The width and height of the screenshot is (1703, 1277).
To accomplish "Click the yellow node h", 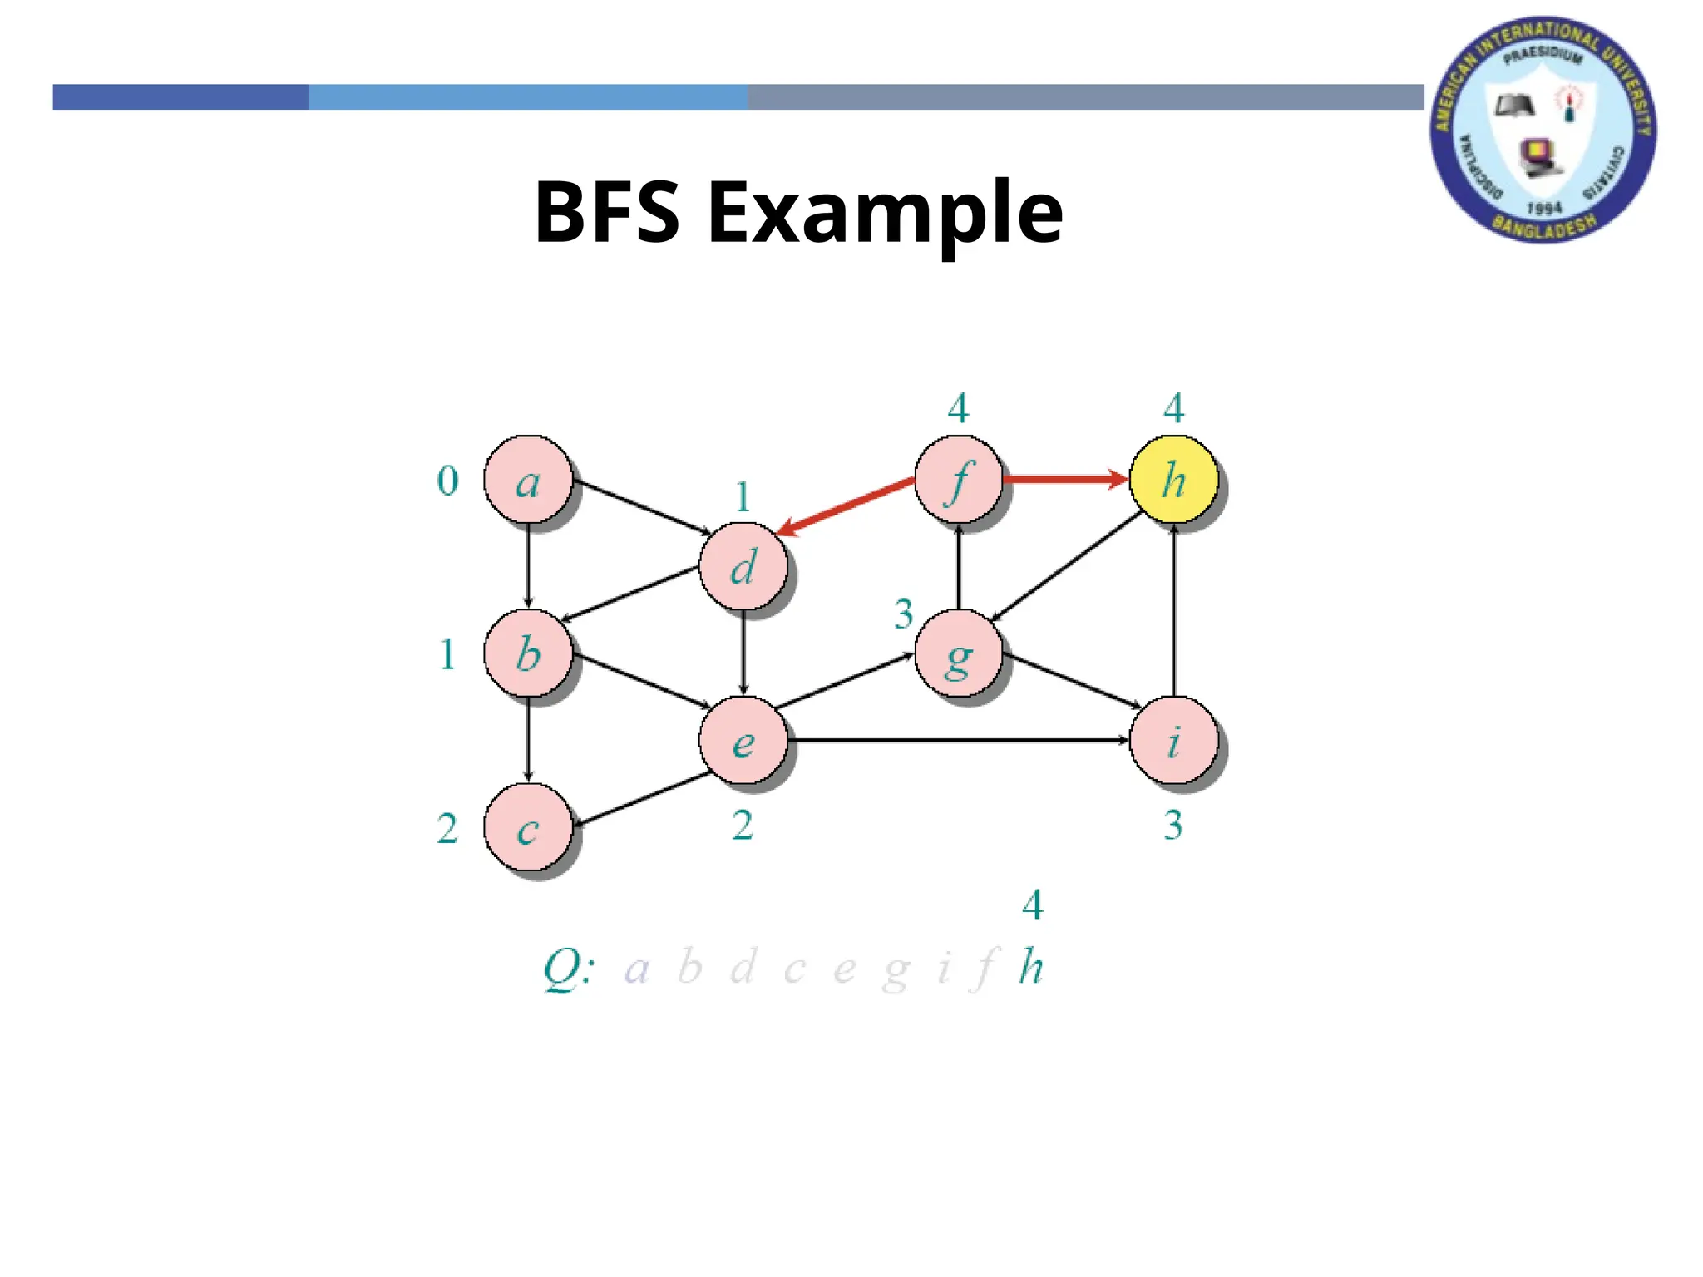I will (1173, 480).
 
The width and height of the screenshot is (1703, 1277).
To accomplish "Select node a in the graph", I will (528, 480).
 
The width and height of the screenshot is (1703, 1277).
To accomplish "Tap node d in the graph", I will (743, 567).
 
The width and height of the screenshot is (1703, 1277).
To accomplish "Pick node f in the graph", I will (958, 480).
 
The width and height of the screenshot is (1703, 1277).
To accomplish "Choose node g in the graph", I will (958, 655).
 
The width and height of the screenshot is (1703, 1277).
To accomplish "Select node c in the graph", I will (528, 828).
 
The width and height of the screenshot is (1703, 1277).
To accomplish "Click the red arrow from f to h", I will (1064, 479).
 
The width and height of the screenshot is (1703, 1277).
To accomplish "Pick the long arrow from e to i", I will (956, 739).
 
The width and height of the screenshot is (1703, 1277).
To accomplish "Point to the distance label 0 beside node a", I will (447, 481).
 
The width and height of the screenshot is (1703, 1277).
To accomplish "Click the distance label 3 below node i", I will (1172, 825).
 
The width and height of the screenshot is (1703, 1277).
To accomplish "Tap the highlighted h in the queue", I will (1031, 967).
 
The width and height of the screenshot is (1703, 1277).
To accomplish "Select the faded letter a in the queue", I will (636, 969).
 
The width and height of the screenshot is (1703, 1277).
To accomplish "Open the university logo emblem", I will (1543, 131).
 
